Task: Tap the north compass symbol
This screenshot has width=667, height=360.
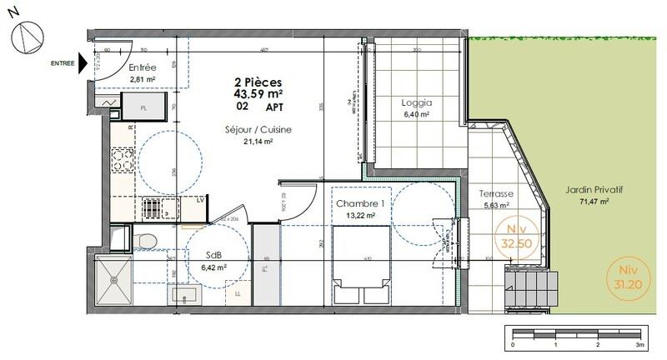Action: pos(27,33)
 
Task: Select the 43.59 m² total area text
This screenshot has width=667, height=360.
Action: pos(258,94)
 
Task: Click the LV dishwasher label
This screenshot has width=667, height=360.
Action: pos(200,200)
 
